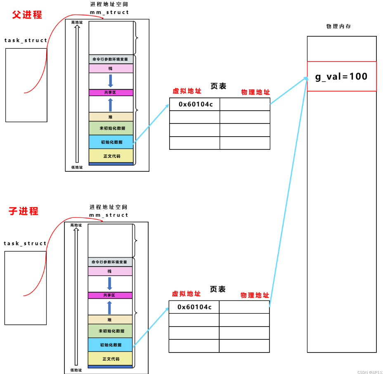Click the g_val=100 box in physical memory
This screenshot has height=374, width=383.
tap(341, 76)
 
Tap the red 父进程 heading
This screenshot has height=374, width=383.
tap(27, 15)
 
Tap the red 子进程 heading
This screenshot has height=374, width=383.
tap(24, 211)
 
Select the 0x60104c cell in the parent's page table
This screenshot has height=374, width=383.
tap(195, 104)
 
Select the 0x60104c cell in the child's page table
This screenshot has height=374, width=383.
tap(194, 307)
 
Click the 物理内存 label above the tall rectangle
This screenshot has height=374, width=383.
tap(338, 26)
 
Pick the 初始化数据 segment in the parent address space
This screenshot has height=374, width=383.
tap(111, 142)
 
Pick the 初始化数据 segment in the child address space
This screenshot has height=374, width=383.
tap(110, 345)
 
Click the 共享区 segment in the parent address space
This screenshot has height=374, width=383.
tap(111, 92)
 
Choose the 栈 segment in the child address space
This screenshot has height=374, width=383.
tap(110, 271)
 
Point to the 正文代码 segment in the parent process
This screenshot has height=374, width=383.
tap(111, 156)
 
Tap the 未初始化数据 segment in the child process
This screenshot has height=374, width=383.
tap(110, 331)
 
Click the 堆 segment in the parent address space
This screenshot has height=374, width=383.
tap(111, 117)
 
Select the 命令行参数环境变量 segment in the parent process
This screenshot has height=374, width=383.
tap(111, 59)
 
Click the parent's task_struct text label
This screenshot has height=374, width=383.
tap(26, 40)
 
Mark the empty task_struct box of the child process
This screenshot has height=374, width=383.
tap(25, 288)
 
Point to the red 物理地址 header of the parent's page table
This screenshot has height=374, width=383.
tap(255, 92)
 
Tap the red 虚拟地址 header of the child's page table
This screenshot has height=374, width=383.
tap(186, 294)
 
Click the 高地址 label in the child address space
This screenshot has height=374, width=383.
tap(76, 225)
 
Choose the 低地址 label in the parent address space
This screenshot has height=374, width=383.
tap(77, 167)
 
